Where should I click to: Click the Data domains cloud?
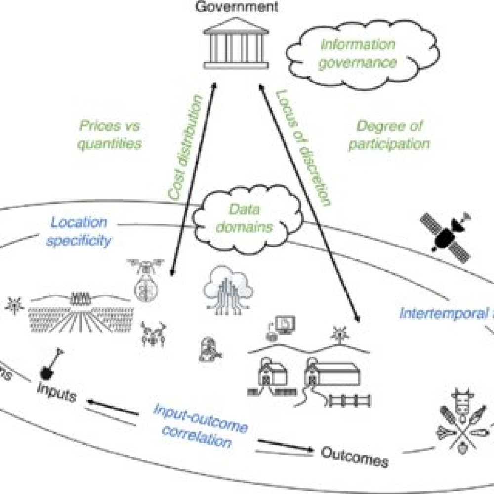238,219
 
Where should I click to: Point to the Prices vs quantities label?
109,134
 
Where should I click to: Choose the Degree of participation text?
389,135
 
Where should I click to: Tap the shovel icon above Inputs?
51,363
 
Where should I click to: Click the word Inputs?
57,395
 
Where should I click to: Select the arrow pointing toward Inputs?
113,408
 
